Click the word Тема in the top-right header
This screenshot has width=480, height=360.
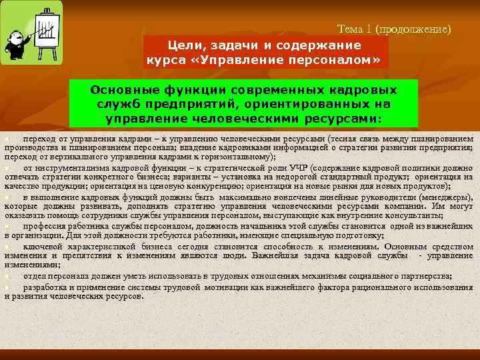point(351,29)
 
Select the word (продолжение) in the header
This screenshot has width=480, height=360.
point(413,29)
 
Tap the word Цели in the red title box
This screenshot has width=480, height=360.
point(187,45)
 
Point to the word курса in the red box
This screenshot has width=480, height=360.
point(165,61)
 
